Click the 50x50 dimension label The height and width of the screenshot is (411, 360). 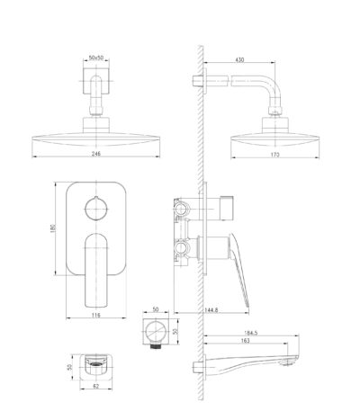point(96,58)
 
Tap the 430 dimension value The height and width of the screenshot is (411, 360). point(239,59)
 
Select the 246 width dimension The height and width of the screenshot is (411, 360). point(96,154)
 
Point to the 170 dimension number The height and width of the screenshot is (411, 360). point(274,155)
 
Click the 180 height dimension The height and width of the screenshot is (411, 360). point(54,228)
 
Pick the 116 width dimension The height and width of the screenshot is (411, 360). point(96,315)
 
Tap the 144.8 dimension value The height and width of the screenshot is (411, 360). point(211,310)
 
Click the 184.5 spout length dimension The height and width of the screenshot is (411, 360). point(251,333)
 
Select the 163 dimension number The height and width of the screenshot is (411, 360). point(245,341)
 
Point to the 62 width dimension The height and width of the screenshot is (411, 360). point(96,387)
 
